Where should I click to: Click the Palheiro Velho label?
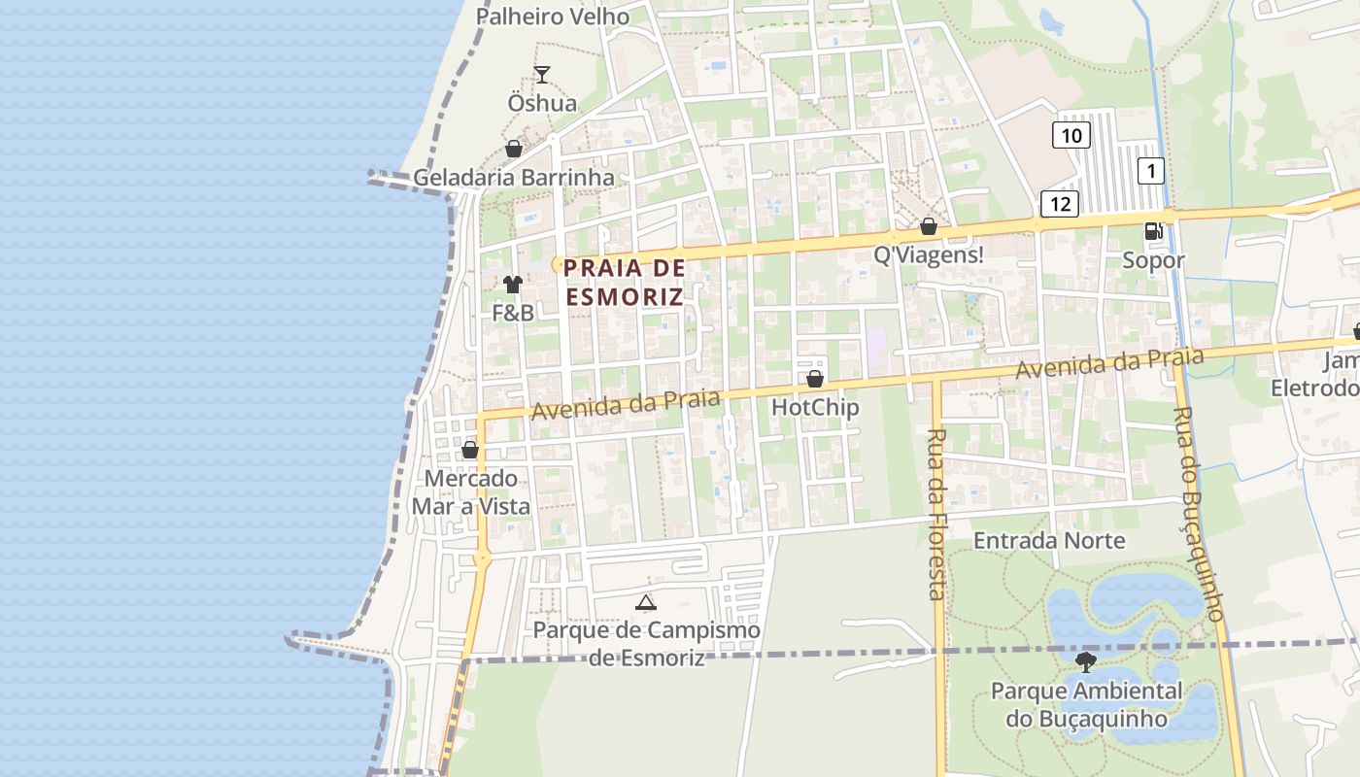coord(553,17)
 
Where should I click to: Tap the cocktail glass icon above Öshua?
coord(542,75)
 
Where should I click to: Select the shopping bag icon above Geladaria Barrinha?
coord(514,149)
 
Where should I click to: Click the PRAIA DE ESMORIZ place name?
coord(625,282)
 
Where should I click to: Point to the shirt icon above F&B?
coord(513,285)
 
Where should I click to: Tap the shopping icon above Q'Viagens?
coord(929,226)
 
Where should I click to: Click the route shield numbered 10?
coord(1071,134)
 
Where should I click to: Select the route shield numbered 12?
coord(1060,203)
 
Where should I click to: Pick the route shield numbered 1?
coord(1151,171)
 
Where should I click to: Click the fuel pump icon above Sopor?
coord(1154,231)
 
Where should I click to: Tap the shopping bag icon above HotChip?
coord(815,379)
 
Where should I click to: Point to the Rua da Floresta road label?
coord(936,514)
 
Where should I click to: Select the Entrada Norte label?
coord(1049,540)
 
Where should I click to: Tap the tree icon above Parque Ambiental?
coord(1086,662)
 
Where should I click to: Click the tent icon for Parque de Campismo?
coord(645,603)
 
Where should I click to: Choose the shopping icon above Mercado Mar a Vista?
coord(470,450)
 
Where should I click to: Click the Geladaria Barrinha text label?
coord(514,178)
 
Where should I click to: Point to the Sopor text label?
coord(1154,260)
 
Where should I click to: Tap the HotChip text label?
coord(815,407)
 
